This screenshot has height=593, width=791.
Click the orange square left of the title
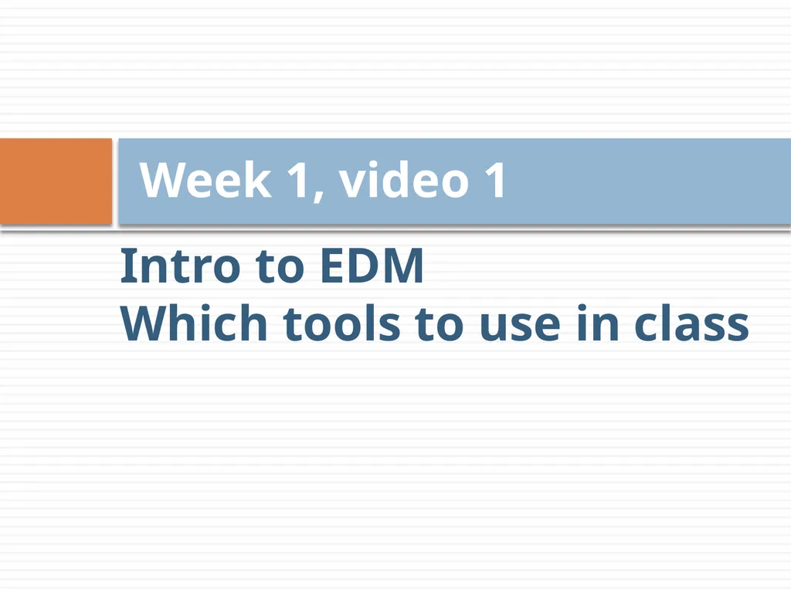56,181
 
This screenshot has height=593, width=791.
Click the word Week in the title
205,180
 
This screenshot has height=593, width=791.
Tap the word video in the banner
404,179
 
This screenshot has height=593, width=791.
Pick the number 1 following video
495,180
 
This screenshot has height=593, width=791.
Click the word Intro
180,266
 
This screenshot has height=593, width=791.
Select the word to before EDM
280,267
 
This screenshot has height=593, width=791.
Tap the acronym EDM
372,266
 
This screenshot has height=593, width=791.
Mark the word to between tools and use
439,325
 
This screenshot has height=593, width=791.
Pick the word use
520,327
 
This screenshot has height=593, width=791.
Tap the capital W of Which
147,324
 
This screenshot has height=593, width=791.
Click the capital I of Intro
126,266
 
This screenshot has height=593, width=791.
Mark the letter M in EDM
401,266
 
